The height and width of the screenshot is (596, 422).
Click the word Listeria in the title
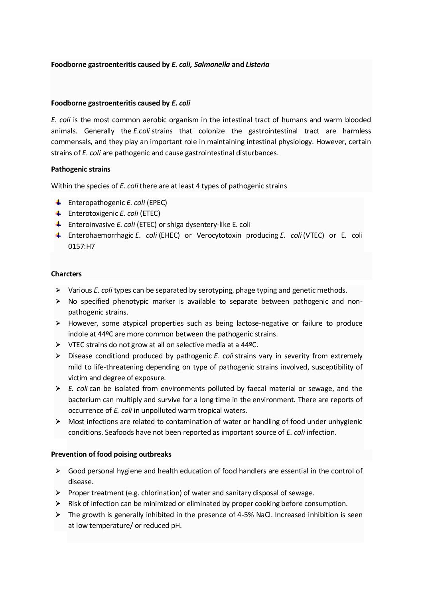(x=257, y=64)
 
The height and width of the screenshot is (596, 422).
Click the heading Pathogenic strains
(x=81, y=169)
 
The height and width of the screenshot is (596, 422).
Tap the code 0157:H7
(x=81, y=246)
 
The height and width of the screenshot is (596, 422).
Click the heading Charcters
(x=66, y=274)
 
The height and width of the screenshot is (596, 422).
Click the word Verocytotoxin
(x=219, y=235)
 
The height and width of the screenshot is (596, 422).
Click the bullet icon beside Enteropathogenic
(x=58, y=202)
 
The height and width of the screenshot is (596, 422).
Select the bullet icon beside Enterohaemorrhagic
(x=58, y=235)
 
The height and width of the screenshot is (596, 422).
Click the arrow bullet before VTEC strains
(x=58, y=345)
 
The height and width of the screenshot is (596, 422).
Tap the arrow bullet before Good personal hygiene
(x=58, y=471)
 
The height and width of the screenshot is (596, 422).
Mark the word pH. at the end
(x=176, y=526)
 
